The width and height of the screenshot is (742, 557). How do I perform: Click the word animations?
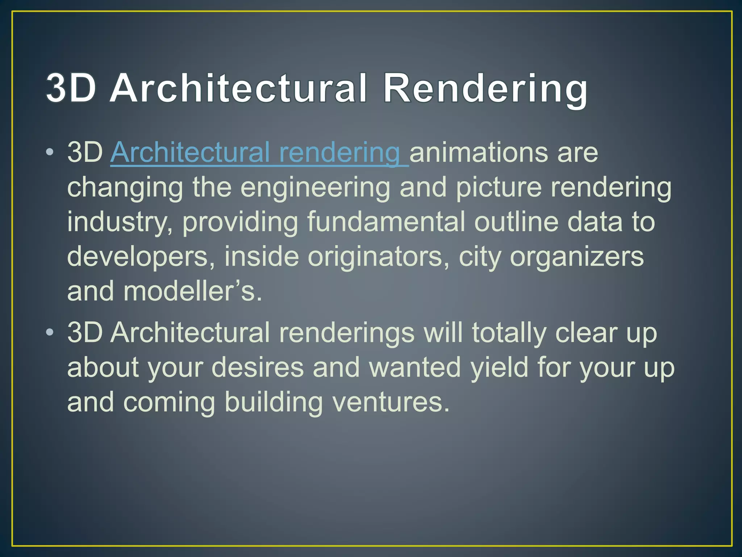[479, 153]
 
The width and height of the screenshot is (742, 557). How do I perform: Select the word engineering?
[315, 188]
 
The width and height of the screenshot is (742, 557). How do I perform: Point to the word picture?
[499, 188]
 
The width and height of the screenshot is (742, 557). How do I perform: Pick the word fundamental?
[386, 222]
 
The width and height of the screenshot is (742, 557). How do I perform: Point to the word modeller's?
[192, 292]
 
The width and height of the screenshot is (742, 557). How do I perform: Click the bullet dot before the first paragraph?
[50, 152]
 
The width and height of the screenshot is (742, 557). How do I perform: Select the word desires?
[257, 367]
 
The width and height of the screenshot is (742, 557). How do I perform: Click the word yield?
[499, 368]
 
